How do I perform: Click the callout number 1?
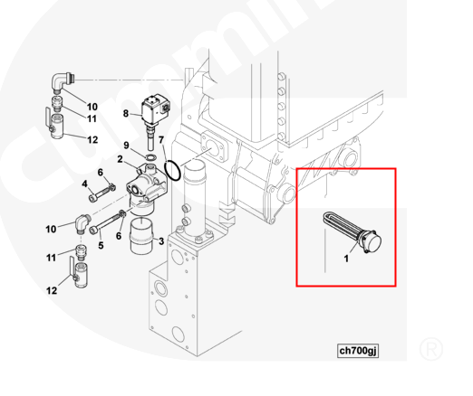346,258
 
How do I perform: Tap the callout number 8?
126,113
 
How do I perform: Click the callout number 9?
126,146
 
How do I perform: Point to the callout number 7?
161,140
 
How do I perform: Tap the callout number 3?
161,241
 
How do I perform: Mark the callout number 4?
84,184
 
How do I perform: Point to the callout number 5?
101,243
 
